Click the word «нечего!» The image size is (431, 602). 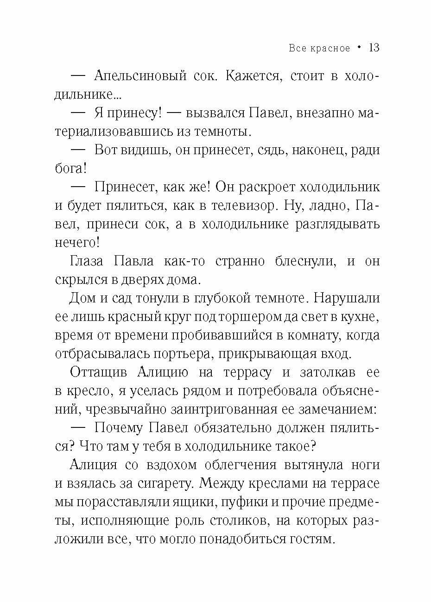tap(77, 242)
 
